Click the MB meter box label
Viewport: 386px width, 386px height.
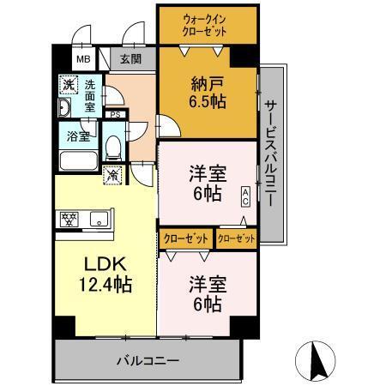(83, 59)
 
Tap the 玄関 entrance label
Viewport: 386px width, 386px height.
(131, 58)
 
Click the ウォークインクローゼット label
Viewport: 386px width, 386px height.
(206, 24)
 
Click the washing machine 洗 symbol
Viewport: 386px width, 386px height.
(67, 86)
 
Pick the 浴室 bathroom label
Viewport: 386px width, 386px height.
(79, 135)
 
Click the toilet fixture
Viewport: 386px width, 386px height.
(112, 147)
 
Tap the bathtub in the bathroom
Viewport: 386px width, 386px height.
(77, 160)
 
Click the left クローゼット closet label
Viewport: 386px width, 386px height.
(186, 238)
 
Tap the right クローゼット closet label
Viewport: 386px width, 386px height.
(236, 238)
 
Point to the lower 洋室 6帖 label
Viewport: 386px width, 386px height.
(206, 293)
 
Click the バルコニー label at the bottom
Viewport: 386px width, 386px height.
(147, 360)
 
